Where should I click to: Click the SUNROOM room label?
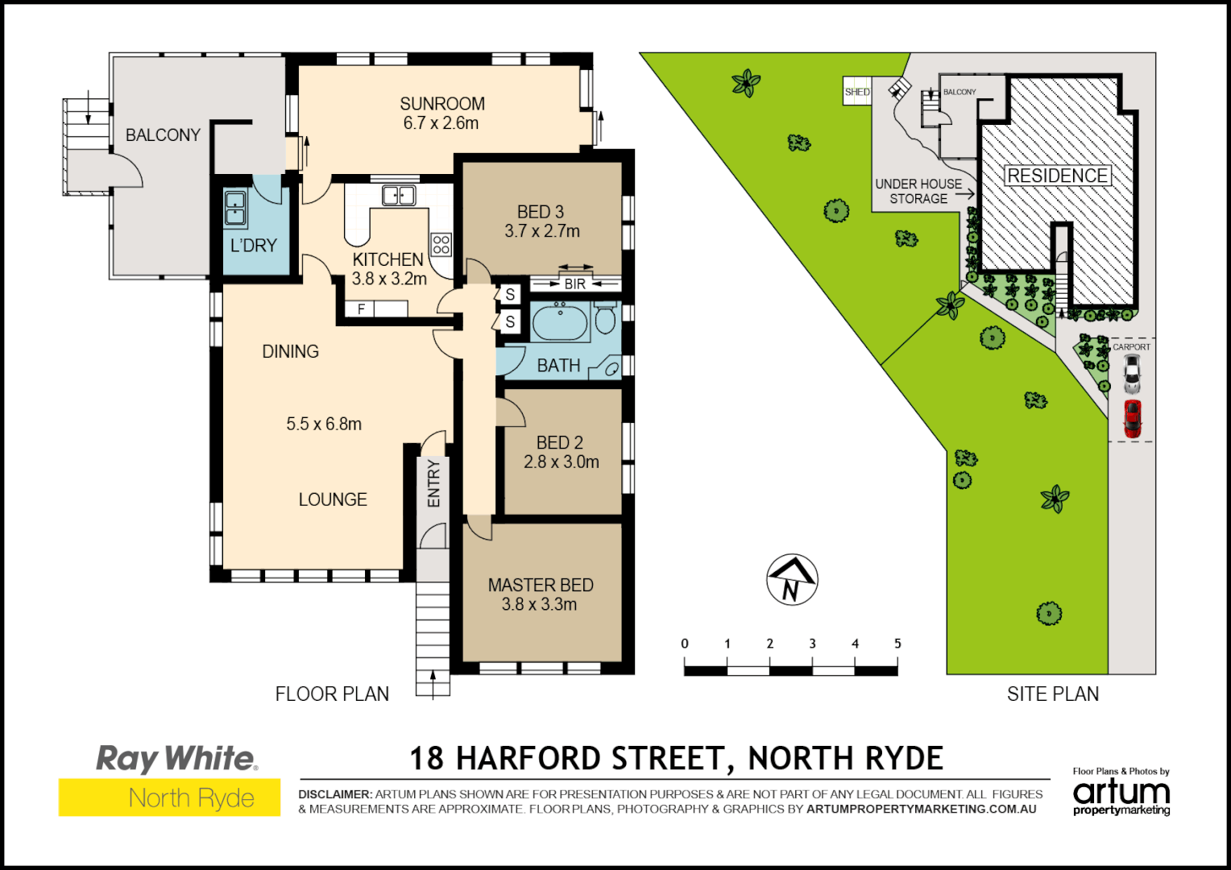[x=442, y=104]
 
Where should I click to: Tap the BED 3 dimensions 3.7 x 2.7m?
[x=542, y=231]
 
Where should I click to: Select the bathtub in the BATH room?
[x=560, y=323]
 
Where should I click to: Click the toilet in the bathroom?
[x=605, y=318]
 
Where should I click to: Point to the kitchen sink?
[x=398, y=195]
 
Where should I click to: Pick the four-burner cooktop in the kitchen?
[x=441, y=244]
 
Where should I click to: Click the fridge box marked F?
[x=361, y=309]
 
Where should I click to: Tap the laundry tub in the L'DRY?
[x=235, y=208]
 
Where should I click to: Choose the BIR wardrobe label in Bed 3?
[x=575, y=284]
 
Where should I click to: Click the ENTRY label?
[x=434, y=483]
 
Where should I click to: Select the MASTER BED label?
[x=541, y=585]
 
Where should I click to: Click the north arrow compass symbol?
[x=791, y=580]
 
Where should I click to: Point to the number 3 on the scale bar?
[x=812, y=644]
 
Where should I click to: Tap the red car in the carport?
[x=1133, y=419]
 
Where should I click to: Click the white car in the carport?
[x=1132, y=372]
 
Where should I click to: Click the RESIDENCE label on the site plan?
[x=1057, y=176]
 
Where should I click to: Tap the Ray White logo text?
[x=176, y=759]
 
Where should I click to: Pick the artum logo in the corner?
[x=1121, y=794]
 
